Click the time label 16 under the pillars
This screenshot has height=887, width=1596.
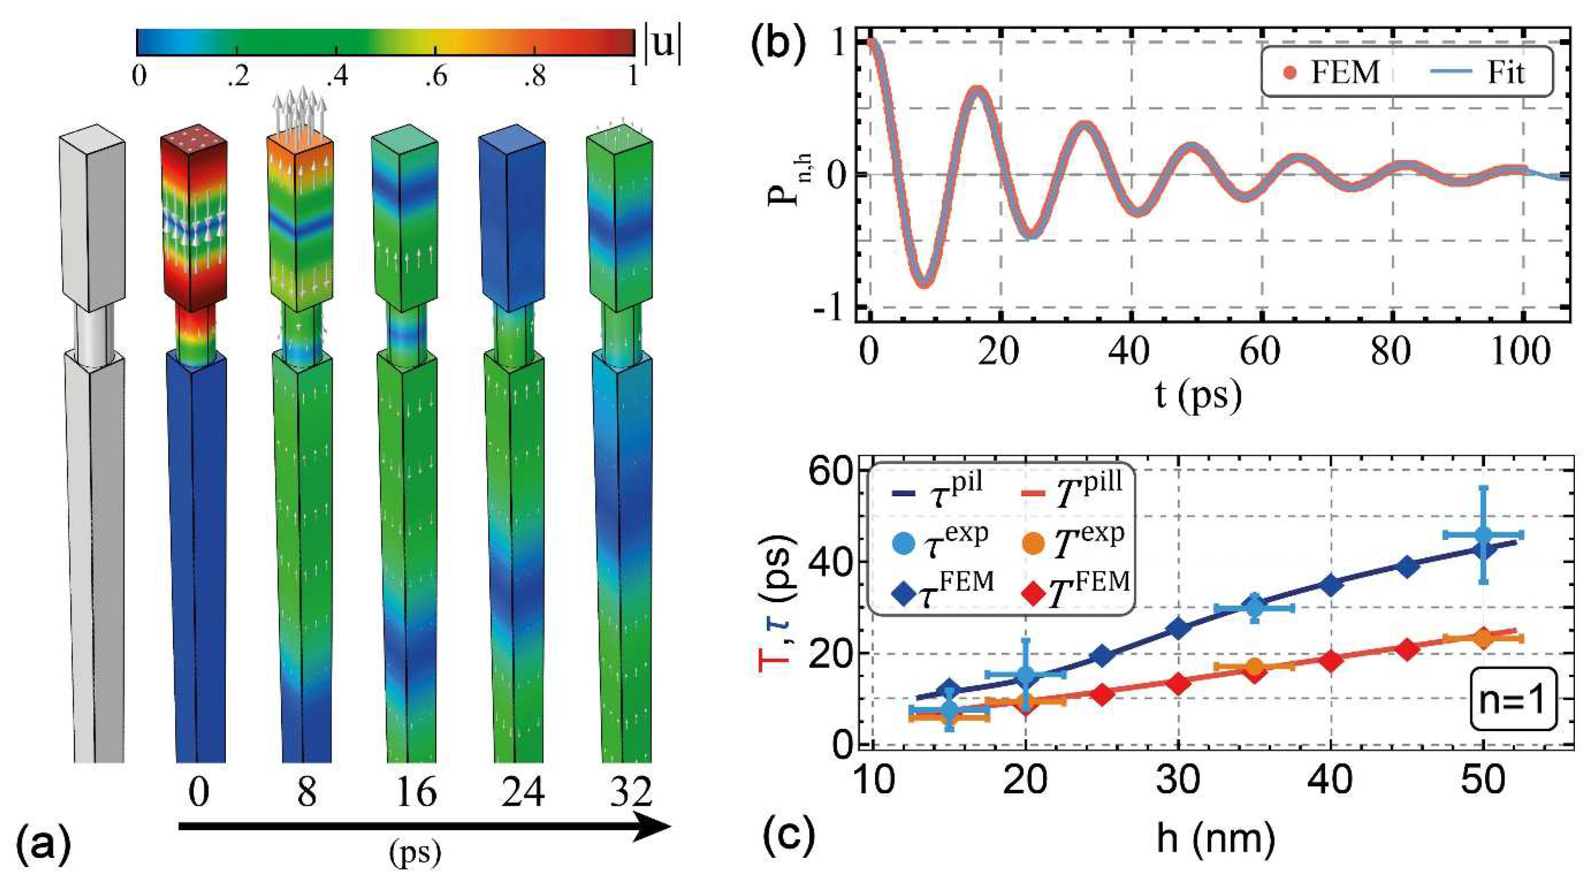[x=416, y=791]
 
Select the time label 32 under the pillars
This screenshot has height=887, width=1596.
[x=630, y=791]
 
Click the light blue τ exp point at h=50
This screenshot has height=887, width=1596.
[x=1482, y=534]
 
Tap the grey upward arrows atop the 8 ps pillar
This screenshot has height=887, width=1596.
[x=300, y=109]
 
